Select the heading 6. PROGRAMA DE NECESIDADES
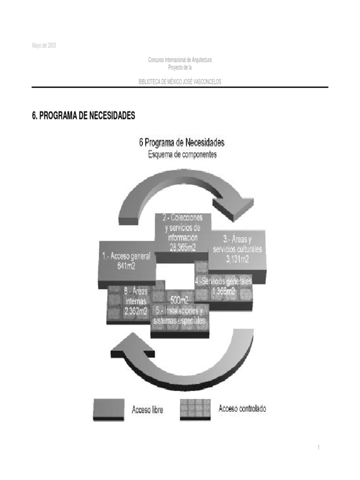(x=83, y=116)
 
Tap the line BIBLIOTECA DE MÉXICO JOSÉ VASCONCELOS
(x=180, y=82)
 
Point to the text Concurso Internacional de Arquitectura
(x=180, y=60)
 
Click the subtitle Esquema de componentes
(x=182, y=155)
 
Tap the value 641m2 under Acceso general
(x=127, y=265)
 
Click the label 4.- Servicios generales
(x=224, y=281)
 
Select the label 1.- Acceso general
(x=127, y=256)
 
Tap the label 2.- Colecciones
(x=183, y=218)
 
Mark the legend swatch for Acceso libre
(x=109, y=409)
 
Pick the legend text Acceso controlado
(x=242, y=409)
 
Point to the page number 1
(x=319, y=448)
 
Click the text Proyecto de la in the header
(x=180, y=67)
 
